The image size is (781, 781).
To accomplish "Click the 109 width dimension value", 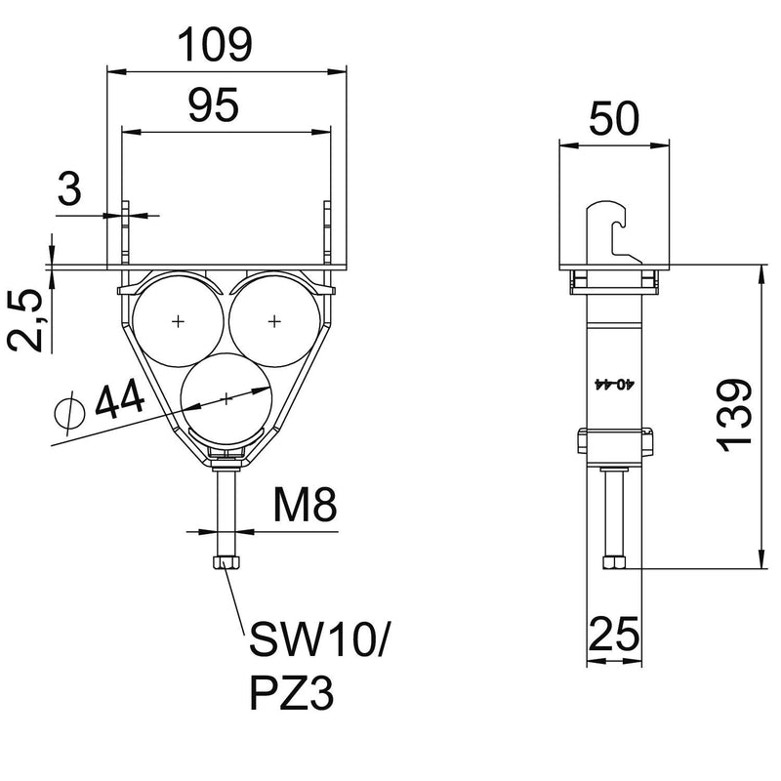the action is pyautogui.click(x=215, y=45).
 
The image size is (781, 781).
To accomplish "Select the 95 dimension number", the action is pyautogui.click(x=214, y=105).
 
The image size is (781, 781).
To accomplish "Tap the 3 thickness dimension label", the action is pyautogui.click(x=69, y=188).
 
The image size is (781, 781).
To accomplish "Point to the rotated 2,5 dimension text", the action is pyautogui.click(x=25, y=320).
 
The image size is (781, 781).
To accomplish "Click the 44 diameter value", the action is pyautogui.click(x=119, y=401).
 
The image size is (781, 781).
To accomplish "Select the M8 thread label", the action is pyautogui.click(x=305, y=504).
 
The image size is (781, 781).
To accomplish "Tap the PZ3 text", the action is pyautogui.click(x=291, y=693).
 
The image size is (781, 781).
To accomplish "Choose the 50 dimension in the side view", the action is pyautogui.click(x=614, y=118).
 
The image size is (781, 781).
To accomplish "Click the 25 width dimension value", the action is pyautogui.click(x=614, y=634).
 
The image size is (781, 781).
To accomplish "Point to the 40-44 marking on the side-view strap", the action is pyautogui.click(x=615, y=384).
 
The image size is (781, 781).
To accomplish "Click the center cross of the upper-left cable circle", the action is pyautogui.click(x=178, y=322).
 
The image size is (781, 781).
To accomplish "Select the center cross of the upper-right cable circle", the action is pyautogui.click(x=274, y=322).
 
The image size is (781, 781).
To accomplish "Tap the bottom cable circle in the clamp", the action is pyautogui.click(x=226, y=399).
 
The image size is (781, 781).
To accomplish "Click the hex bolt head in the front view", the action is pyautogui.click(x=226, y=563).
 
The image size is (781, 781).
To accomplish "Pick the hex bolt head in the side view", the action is pyautogui.click(x=614, y=563).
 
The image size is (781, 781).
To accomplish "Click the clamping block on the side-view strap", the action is pyautogui.click(x=615, y=441).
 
